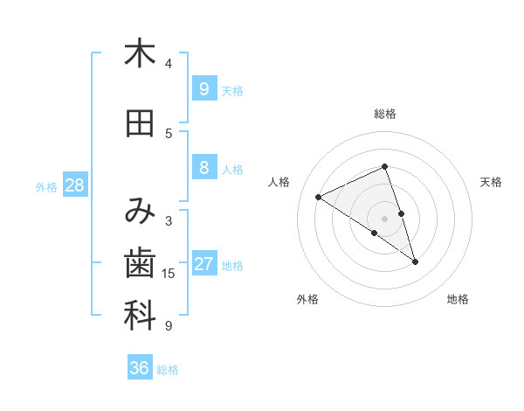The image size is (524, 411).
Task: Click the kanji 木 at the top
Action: [139, 53]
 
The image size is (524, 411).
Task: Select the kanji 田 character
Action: [139, 124]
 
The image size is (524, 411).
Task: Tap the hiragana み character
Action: [139, 211]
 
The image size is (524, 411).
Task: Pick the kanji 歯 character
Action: [139, 263]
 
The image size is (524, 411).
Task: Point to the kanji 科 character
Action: [139, 317]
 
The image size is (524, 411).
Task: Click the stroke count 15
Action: [169, 274]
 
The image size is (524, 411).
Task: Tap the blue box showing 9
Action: [203, 88]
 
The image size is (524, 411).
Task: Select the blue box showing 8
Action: [203, 168]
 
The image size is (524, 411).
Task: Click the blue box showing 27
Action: [204, 264]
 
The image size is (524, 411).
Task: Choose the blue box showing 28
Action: [74, 185]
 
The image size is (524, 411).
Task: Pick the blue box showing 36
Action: [139, 368]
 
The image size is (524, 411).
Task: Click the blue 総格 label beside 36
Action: [169, 370]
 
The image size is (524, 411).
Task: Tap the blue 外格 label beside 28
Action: [46, 186]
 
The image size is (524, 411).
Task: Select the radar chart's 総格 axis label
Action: [385, 114]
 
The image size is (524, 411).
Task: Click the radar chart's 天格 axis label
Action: [491, 182]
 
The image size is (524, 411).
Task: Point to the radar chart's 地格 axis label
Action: [458, 300]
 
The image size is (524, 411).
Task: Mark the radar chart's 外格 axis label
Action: [307, 300]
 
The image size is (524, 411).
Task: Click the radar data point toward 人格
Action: [319, 197]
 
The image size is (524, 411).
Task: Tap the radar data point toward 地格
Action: [415, 261]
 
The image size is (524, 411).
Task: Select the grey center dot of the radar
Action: [385, 219]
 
